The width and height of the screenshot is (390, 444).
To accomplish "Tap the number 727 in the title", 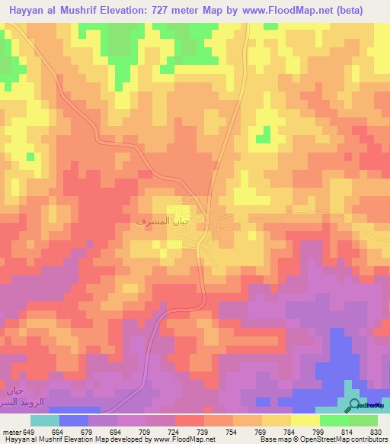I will click(172, 10).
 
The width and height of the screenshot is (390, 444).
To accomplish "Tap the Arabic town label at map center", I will click(161, 220).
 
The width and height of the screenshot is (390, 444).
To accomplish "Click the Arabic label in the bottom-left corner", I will click(14, 396).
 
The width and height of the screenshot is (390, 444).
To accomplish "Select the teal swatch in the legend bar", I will click(44, 420).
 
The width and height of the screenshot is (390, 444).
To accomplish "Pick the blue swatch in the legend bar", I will click(73, 420).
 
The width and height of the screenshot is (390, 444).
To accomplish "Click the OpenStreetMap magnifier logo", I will click(353, 405).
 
